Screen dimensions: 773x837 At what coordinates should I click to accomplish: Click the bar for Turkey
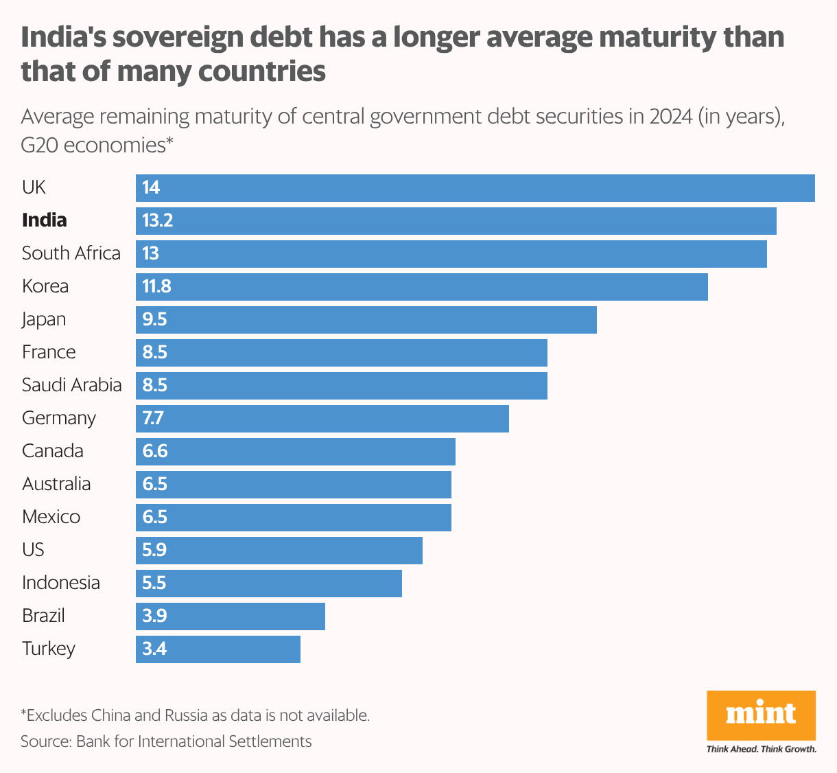click(x=218, y=649)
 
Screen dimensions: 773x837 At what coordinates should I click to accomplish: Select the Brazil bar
click(x=231, y=616)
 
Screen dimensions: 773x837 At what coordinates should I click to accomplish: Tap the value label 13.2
click(x=158, y=220)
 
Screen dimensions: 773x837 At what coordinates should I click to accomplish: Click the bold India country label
click(x=45, y=220)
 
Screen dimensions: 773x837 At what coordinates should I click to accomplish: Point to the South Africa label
click(x=71, y=253)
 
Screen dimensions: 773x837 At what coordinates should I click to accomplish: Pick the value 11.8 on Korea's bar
click(x=157, y=286)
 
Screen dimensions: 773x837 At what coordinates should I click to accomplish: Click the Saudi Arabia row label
click(x=72, y=385)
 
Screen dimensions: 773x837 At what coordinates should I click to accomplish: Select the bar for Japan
click(x=366, y=319)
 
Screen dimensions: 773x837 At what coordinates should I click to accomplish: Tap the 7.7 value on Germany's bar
click(x=153, y=418)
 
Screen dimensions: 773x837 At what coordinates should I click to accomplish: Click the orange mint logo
click(x=761, y=715)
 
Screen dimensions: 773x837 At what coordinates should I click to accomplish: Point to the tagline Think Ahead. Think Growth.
click(x=761, y=749)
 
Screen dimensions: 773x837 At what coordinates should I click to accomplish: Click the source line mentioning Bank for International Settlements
click(x=166, y=741)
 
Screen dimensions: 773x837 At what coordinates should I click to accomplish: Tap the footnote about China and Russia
click(x=196, y=715)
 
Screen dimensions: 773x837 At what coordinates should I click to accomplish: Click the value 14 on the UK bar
click(x=151, y=187)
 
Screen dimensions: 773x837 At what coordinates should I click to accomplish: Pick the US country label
click(x=33, y=550)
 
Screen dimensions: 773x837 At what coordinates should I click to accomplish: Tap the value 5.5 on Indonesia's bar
click(x=154, y=583)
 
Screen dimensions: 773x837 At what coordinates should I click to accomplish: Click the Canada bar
click(x=296, y=451)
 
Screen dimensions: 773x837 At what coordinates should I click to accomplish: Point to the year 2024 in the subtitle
click(x=670, y=116)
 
